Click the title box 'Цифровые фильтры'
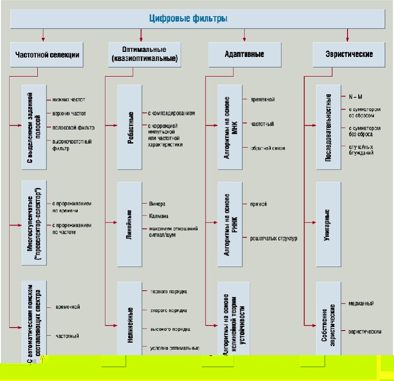(188, 19)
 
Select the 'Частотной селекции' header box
(47, 55)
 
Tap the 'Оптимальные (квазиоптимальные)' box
(145, 55)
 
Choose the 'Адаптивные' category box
(244, 55)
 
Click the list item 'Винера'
(157, 205)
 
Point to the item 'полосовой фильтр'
(73, 127)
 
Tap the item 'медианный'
(361, 303)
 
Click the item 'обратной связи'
(268, 148)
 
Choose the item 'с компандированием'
(171, 113)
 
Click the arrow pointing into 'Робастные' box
(113, 124)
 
